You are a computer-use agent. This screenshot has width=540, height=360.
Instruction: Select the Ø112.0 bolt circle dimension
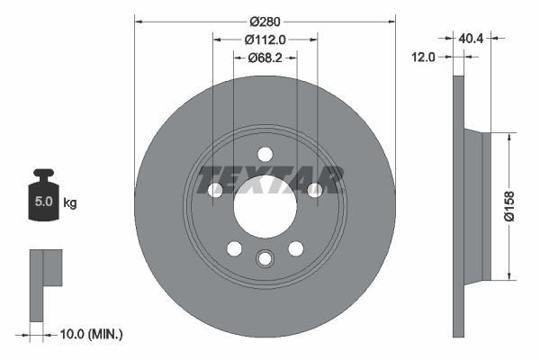click(x=265, y=40)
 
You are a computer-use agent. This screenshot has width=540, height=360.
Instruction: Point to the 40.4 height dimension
click(x=472, y=39)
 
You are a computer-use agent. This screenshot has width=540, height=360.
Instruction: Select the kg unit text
click(x=69, y=202)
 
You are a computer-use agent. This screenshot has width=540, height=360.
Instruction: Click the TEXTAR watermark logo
click(x=270, y=179)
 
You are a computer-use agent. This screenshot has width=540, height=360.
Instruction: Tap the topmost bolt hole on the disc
click(x=265, y=154)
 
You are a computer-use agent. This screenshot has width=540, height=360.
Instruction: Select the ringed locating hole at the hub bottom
click(x=265, y=259)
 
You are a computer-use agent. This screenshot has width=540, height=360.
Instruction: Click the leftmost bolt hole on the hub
click(x=214, y=190)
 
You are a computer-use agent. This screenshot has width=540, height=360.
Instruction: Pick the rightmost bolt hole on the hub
click(x=315, y=190)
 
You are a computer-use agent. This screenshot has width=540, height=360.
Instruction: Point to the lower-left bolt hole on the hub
click(x=234, y=248)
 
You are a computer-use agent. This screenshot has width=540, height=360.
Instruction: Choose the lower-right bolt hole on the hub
click(x=295, y=248)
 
